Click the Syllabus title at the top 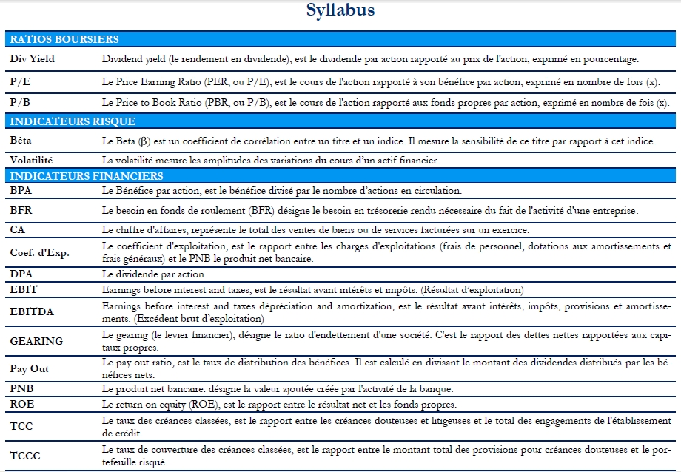tap(340, 10)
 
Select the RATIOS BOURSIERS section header tap(64, 39)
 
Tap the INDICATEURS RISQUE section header tap(73, 121)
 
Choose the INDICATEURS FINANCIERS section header tap(87, 176)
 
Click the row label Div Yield tap(33, 58)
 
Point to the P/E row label tap(20, 81)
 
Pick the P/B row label tap(20, 102)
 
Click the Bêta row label tap(21, 140)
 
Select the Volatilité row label tap(32, 159)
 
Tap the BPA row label tap(21, 191)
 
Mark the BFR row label tap(21, 210)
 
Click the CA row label tap(18, 229)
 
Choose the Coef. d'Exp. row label tap(40, 252)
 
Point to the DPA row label tap(21, 274)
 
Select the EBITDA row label tap(32, 311)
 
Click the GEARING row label tap(36, 341)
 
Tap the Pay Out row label tap(29, 369)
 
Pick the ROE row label tap(21, 404)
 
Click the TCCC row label tap(25, 455)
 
